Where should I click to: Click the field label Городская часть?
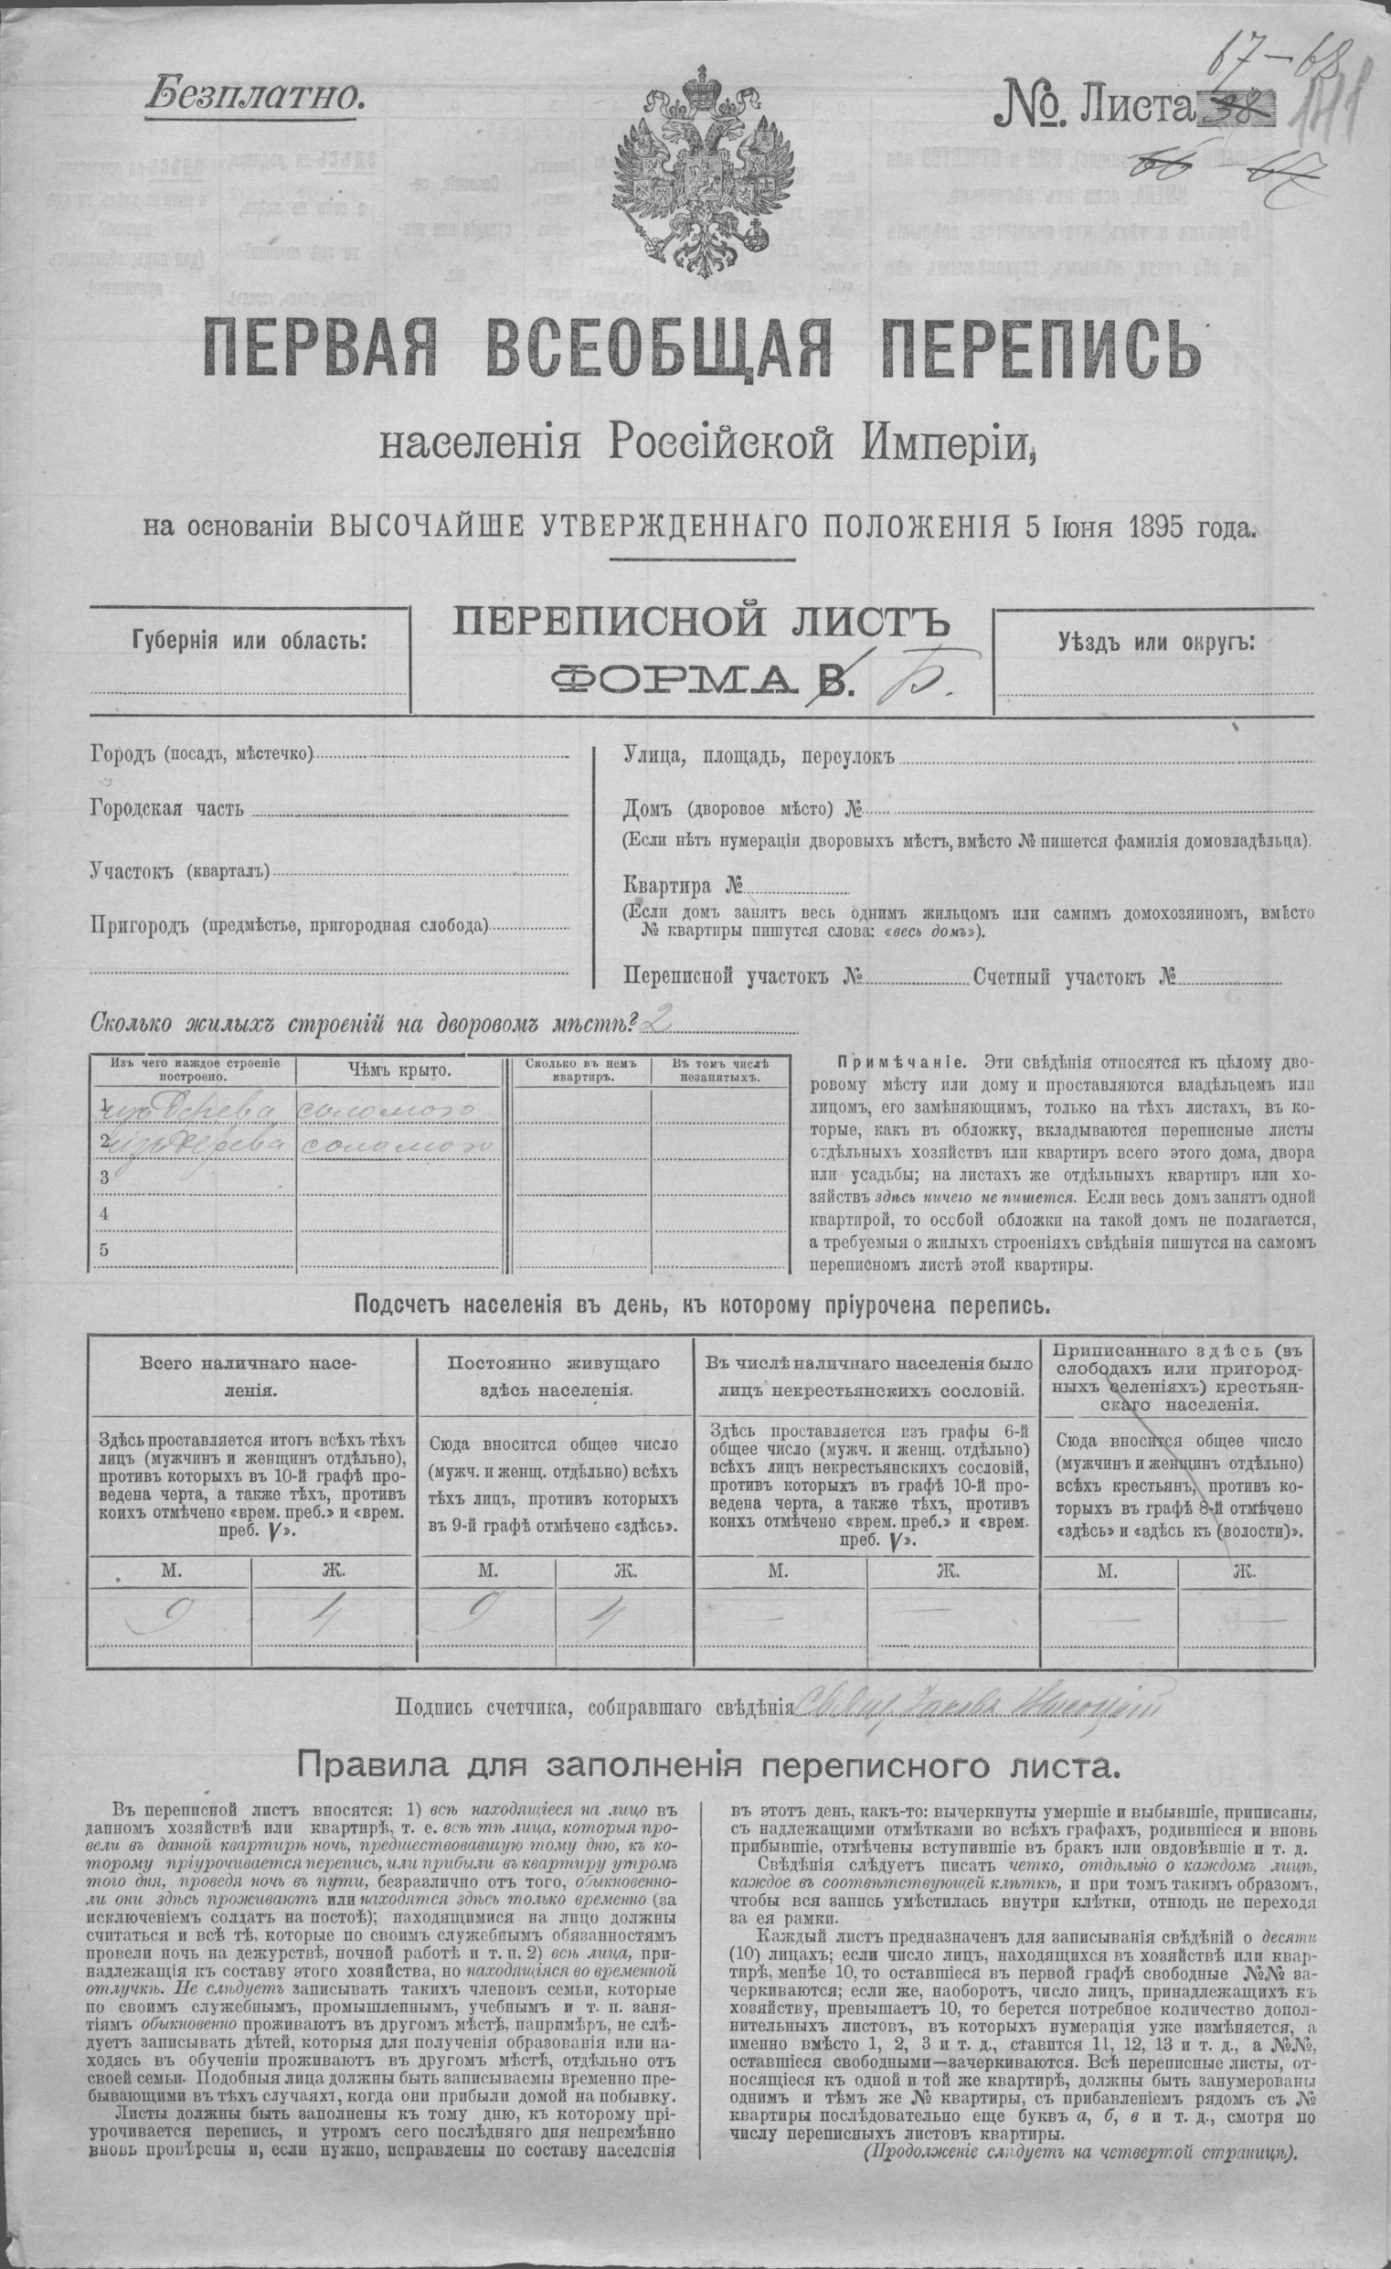(x=166, y=809)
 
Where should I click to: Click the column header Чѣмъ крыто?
(x=398, y=1069)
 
